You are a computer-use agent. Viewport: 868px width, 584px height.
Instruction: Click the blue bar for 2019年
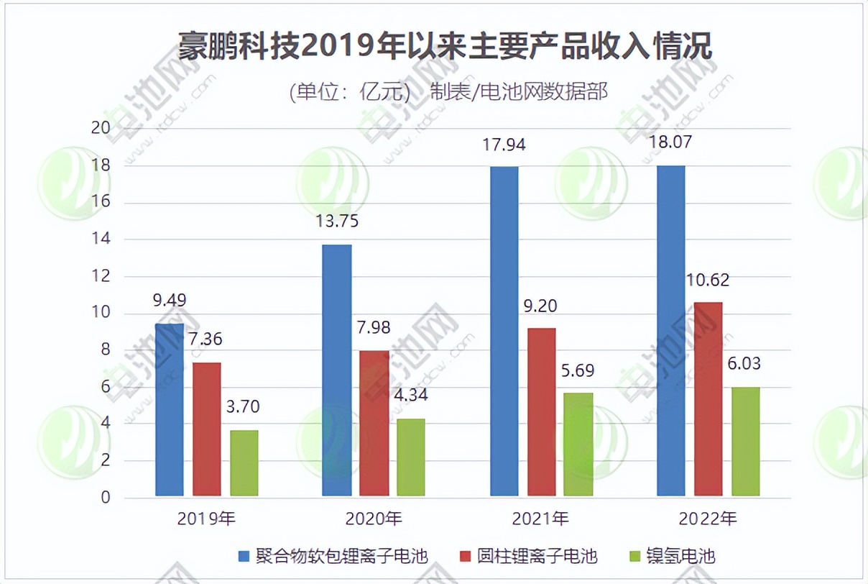click(170, 410)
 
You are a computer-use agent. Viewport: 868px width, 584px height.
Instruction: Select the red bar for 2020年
click(374, 424)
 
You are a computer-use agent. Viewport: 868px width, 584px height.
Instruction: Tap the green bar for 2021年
click(578, 444)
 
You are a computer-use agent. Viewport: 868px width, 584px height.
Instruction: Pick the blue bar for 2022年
click(670, 331)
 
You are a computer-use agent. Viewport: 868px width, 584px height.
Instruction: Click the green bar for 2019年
click(244, 463)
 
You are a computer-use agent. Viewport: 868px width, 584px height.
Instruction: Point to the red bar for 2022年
click(708, 399)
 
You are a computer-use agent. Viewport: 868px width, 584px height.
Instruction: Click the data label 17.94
click(504, 145)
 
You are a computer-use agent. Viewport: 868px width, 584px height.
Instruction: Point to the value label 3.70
click(244, 407)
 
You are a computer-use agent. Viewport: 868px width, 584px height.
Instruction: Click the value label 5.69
click(578, 370)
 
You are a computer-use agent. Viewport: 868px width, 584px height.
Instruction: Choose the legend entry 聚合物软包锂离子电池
click(333, 556)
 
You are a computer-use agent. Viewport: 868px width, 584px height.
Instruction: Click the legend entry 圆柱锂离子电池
click(527, 556)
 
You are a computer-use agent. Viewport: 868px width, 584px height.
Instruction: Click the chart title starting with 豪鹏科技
click(445, 48)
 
